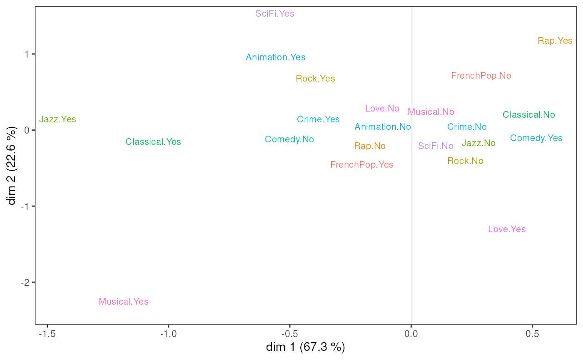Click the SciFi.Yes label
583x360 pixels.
coord(275,14)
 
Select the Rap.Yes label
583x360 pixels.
coord(555,41)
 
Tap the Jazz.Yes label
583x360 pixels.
coord(57,119)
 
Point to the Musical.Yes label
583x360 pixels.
coord(124,302)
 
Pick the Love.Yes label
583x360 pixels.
coord(507,229)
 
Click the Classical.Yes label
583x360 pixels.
coord(153,142)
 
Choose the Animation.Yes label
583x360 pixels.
coord(276,57)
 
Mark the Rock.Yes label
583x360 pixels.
coord(315,79)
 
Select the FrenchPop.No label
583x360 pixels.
coord(481,76)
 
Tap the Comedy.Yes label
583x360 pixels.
coord(536,138)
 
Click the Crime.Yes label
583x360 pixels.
coord(318,119)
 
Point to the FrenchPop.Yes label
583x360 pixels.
coord(362,165)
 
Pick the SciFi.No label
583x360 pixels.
coord(436,146)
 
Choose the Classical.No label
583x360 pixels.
coord(528,115)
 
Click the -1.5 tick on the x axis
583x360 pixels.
coord(47,334)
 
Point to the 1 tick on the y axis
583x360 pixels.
coord(27,54)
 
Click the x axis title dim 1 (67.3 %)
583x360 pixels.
coord(306,347)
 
